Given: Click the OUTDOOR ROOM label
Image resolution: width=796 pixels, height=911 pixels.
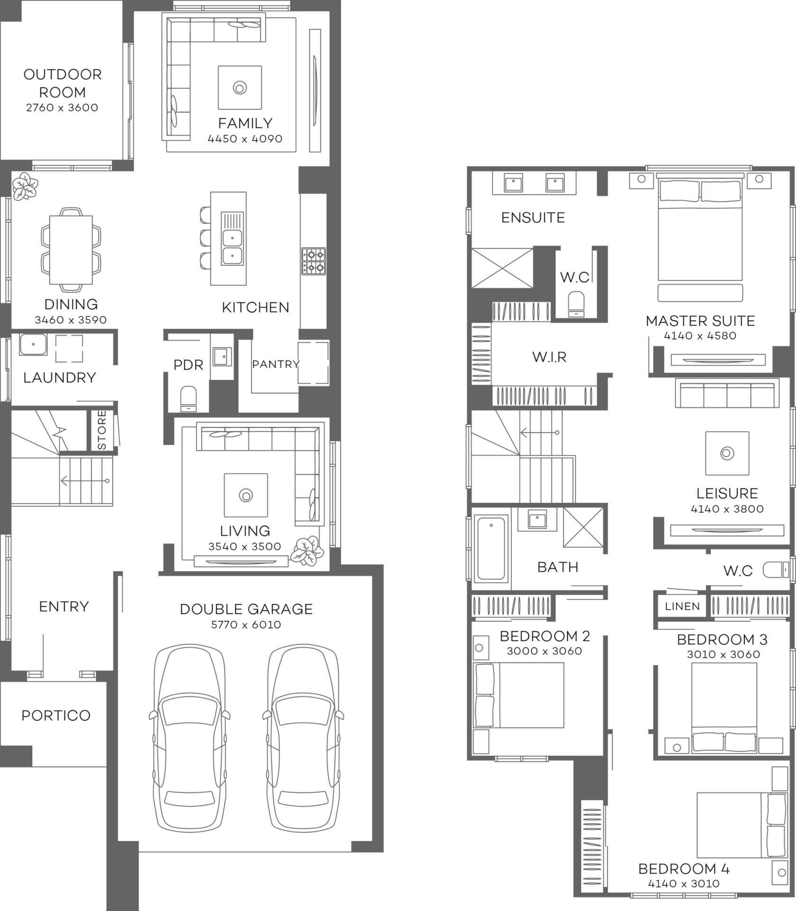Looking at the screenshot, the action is tap(62, 83).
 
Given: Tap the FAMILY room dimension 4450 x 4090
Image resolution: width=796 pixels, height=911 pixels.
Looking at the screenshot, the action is tap(245, 139).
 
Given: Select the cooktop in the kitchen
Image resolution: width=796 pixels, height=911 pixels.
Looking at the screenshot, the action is tap(313, 261).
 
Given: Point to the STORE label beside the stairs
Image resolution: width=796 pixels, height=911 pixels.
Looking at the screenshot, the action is tap(102, 430).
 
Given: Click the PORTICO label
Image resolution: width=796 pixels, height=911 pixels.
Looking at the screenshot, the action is tap(56, 716).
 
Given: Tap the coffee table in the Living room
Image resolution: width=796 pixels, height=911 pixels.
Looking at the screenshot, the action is tap(246, 495).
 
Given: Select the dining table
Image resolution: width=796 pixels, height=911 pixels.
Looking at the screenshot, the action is tap(71, 249).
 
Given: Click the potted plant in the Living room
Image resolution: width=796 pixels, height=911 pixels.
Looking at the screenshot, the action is tap(308, 551).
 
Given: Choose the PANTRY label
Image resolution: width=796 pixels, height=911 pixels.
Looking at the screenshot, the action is tap(275, 364).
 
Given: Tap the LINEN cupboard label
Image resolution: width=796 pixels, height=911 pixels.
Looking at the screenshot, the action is tap(682, 606).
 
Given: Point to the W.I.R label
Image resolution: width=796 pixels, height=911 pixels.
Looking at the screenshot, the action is tap(549, 357).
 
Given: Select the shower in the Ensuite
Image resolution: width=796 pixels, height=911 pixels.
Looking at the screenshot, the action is tap(502, 268).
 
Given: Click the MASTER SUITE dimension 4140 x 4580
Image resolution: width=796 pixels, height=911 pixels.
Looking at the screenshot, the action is tap(700, 336).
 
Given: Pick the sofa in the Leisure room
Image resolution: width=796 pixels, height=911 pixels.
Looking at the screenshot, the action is tap(727, 393).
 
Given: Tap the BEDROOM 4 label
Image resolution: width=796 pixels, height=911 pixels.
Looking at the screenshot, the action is tap(684, 869).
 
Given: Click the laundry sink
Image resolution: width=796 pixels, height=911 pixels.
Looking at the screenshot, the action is tap(33, 344).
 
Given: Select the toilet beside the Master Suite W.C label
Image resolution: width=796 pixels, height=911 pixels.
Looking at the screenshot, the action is tap(576, 304).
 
